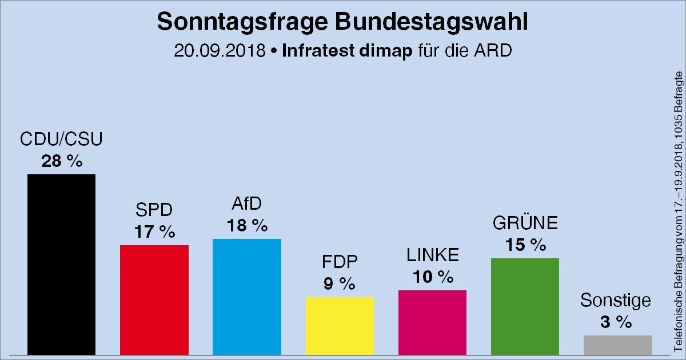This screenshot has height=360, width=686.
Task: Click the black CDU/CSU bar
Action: [61, 264]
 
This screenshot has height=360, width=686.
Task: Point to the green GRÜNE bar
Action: [525, 306]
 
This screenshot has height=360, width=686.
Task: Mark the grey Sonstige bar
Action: [617, 345]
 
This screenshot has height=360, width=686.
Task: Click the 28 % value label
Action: [61, 162]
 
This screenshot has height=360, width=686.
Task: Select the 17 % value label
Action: [154, 233]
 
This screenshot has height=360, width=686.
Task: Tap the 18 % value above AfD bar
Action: [248, 226]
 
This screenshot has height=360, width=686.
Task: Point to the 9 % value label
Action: [340, 284]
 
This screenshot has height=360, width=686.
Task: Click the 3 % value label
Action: [616, 322]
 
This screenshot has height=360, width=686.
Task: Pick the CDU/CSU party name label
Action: [61, 139]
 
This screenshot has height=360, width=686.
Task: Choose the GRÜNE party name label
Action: [525, 223]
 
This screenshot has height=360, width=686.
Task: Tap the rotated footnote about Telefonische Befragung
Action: [679, 211]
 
